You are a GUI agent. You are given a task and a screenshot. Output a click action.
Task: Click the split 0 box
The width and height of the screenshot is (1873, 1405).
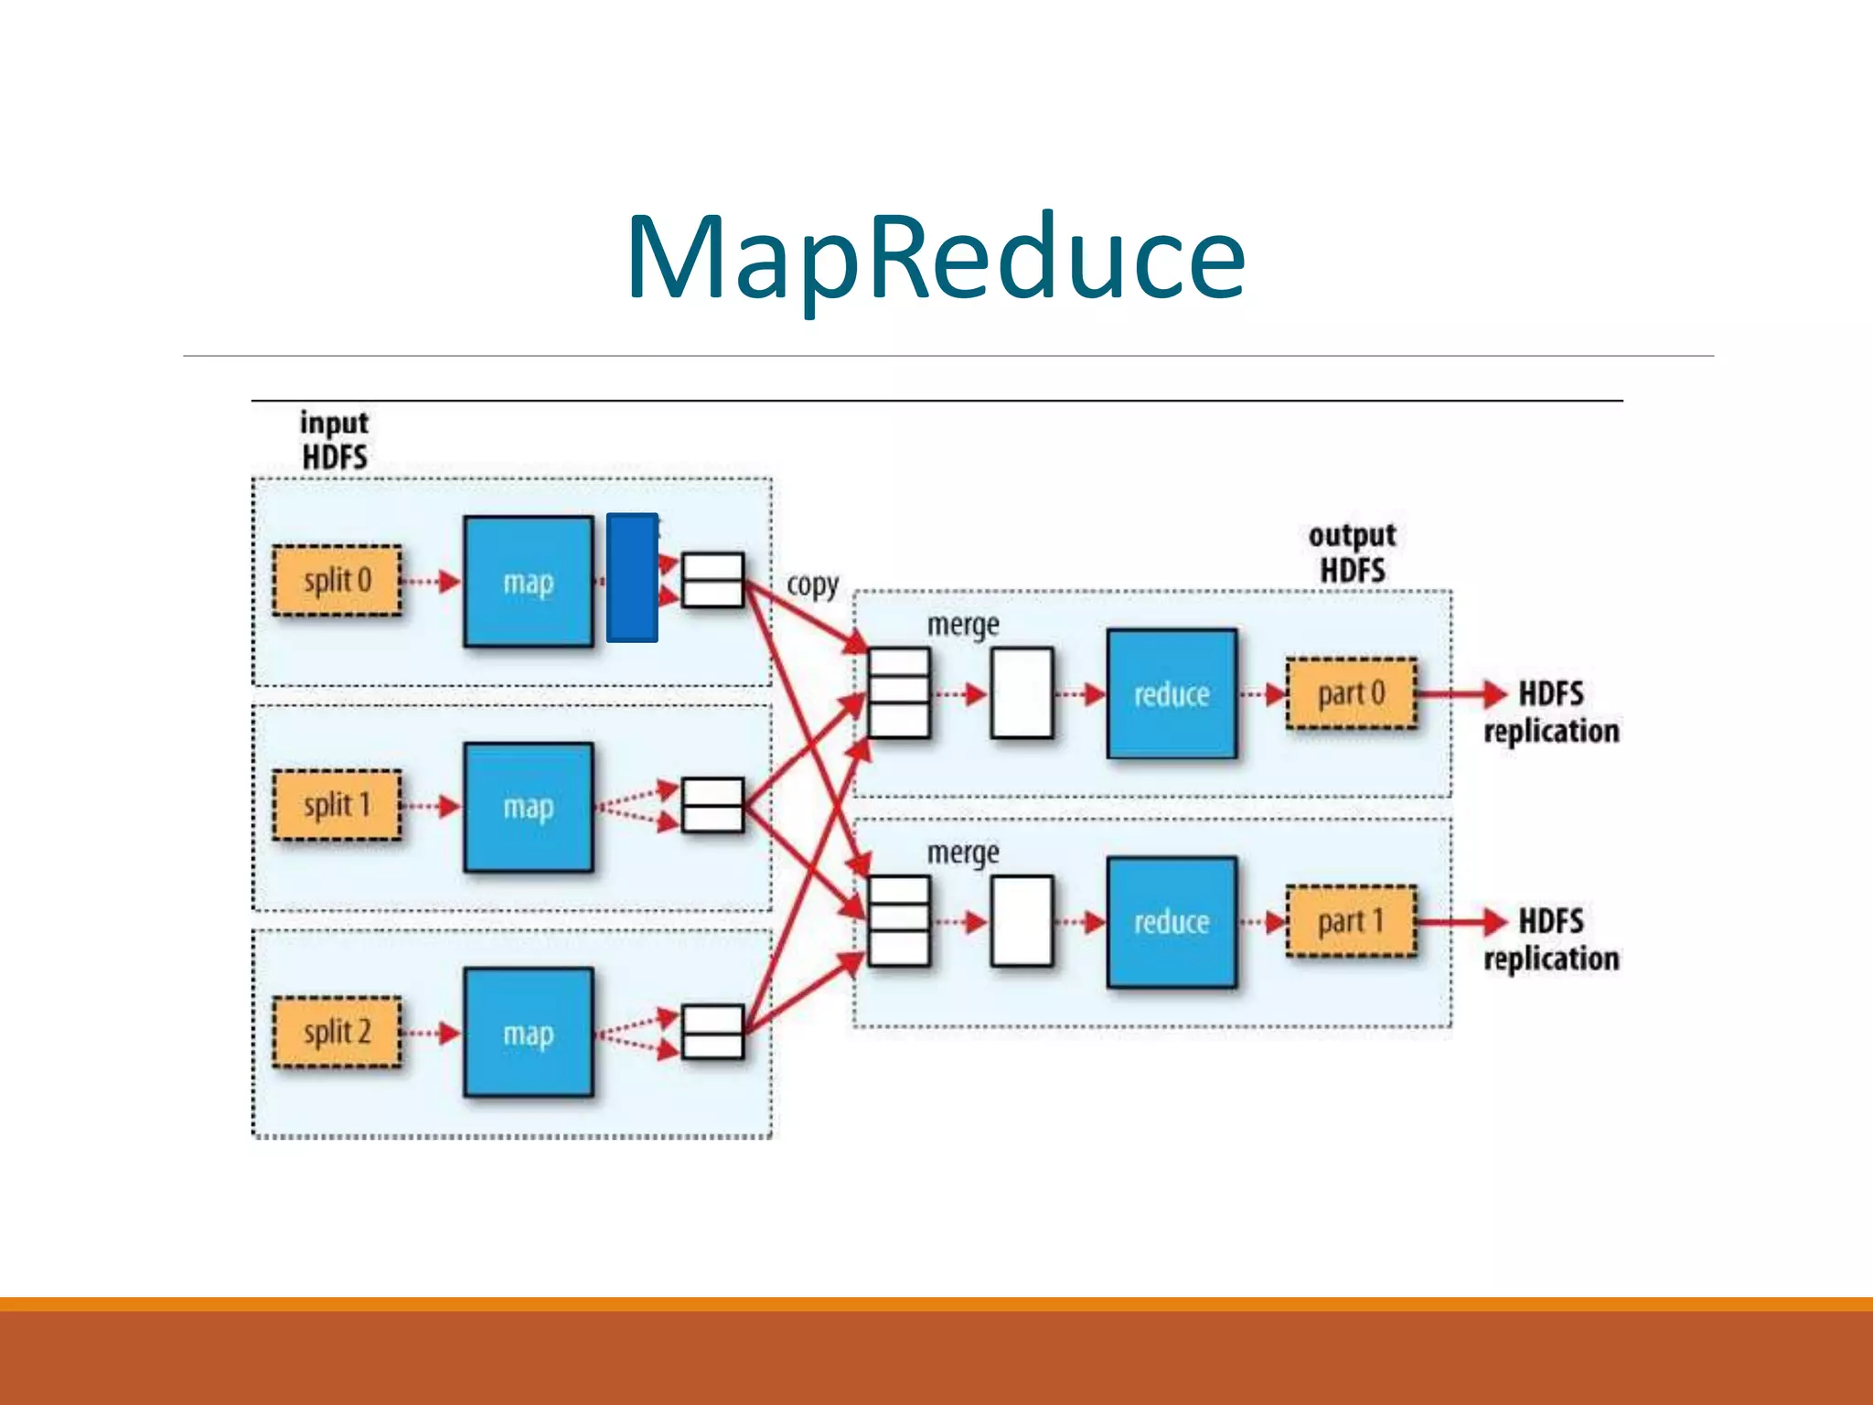coord(337,581)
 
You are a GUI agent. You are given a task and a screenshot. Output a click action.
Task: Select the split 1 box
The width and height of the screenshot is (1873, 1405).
coord(337,806)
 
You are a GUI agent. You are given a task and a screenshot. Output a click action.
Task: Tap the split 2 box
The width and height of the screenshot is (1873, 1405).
coord(337,1033)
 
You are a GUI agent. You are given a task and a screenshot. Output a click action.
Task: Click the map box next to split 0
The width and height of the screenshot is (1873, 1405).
coord(529,582)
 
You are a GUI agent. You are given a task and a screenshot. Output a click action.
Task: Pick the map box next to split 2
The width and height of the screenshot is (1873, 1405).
coord(529,1033)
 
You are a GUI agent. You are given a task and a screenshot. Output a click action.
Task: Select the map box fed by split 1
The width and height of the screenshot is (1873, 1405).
coord(529,807)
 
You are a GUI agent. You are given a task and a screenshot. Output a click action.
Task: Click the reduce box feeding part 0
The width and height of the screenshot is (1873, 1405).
coord(1172,694)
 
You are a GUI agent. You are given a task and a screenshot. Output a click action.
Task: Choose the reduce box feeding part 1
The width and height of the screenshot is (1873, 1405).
coord(1172,922)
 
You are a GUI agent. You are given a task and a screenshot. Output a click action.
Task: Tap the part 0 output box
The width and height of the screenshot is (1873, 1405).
coord(1351,694)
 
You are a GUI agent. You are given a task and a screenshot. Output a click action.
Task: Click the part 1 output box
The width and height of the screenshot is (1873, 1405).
coord(1351,922)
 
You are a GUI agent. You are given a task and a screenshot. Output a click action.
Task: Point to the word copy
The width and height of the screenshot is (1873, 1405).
coord(812,585)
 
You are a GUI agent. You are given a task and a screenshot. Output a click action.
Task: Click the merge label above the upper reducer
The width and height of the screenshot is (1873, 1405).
coord(962,626)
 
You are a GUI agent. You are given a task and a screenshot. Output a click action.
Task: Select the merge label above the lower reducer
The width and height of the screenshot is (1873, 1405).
coord(962,853)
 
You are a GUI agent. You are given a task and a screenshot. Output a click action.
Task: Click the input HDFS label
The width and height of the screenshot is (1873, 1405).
coord(335,440)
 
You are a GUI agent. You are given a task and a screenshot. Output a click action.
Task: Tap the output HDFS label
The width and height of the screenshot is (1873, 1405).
coord(1352,552)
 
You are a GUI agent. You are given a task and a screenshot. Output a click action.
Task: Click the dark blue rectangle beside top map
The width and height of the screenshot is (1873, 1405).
coord(632,577)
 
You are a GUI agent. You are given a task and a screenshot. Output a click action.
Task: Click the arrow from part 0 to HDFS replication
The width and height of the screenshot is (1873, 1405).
coord(1461,694)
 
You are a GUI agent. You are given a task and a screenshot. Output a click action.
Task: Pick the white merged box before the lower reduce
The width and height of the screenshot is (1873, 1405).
coord(1022,921)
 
